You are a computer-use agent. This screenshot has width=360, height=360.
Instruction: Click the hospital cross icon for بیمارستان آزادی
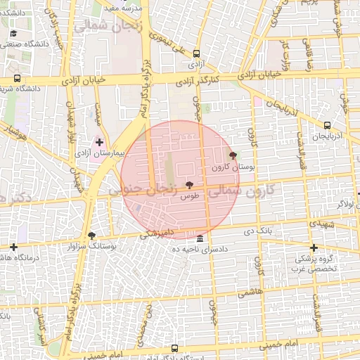click(x=99, y=142)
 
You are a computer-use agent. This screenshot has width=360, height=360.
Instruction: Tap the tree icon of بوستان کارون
click(x=233, y=155)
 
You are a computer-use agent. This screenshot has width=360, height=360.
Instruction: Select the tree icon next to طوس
click(x=189, y=185)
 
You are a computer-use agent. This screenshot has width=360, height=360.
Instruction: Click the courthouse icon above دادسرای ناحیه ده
click(x=200, y=238)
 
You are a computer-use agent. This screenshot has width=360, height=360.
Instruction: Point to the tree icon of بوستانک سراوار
click(x=91, y=236)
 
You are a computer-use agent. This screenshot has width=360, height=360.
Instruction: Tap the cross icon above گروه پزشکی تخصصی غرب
click(x=314, y=247)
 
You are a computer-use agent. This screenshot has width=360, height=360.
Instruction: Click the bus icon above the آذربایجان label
click(x=327, y=125)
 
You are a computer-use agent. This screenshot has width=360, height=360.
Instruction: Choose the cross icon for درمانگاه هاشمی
click(x=13, y=247)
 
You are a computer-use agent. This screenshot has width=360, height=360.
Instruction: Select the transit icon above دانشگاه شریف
click(x=17, y=79)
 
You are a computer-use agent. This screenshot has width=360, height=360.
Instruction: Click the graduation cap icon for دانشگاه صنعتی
click(x=13, y=33)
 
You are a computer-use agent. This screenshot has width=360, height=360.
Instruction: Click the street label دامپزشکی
click(x=155, y=234)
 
